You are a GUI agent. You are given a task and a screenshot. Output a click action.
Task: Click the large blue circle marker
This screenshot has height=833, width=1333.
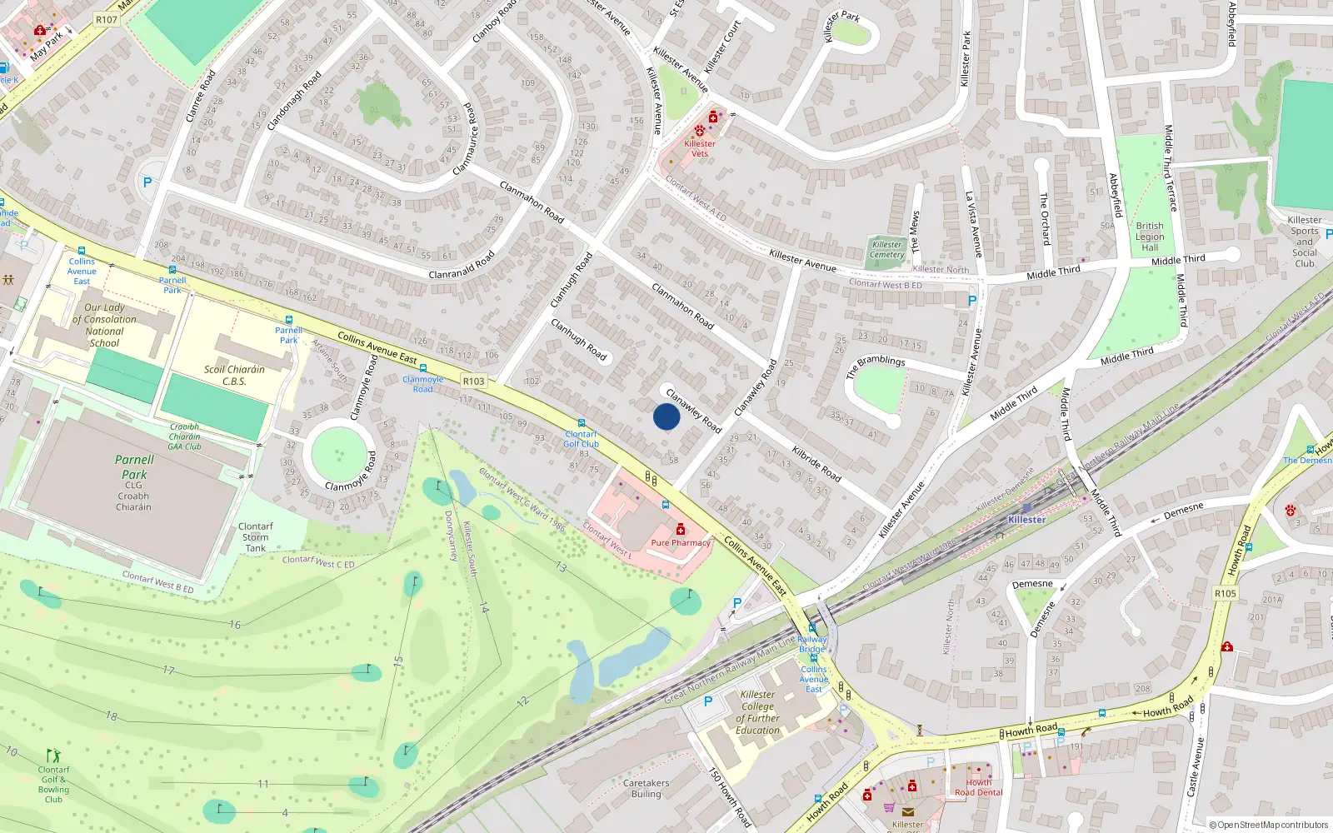coord(666,416)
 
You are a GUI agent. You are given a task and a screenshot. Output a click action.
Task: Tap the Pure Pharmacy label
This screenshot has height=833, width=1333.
coord(681,542)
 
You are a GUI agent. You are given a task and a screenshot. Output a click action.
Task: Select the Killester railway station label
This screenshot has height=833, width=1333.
coord(1026,519)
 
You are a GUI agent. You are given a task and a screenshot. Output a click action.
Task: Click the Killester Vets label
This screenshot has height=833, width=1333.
coord(700,148)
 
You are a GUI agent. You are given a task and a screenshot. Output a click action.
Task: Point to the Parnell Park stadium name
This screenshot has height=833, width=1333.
coord(134,466)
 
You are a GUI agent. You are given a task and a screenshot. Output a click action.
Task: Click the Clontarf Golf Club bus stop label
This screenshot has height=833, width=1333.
coord(581,439)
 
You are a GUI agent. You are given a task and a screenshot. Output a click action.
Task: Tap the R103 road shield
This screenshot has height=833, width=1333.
coord(473,381)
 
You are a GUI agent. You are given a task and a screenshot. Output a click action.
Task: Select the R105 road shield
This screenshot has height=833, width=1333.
coord(1225,593)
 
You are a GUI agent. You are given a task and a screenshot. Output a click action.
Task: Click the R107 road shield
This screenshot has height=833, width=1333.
coord(107,20)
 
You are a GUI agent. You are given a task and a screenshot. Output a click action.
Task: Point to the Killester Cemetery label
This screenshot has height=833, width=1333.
coord(886,249)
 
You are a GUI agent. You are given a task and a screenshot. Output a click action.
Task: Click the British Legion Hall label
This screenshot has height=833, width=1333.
coord(1150,237)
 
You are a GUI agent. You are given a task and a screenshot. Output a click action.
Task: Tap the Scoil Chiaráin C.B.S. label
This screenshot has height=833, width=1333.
coord(234,375)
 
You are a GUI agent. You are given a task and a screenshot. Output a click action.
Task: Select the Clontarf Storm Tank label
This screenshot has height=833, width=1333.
coord(255,537)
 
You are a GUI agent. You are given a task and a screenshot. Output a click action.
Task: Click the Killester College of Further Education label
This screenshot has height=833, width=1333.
coord(757,712)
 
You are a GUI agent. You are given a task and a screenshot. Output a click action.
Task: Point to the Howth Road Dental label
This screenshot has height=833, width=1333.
coord(979,787)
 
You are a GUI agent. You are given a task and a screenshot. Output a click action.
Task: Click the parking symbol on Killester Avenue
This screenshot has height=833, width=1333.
coord(971,301)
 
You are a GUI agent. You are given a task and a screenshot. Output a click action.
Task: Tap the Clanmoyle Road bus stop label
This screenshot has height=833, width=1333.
coord(422,384)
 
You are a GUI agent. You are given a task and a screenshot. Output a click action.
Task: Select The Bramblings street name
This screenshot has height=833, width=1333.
coord(875,366)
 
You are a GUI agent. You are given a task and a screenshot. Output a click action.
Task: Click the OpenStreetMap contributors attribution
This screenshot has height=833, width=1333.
coord(1268,825)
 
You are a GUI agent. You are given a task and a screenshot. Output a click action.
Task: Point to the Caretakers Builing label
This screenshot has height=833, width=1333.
coord(646,788)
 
